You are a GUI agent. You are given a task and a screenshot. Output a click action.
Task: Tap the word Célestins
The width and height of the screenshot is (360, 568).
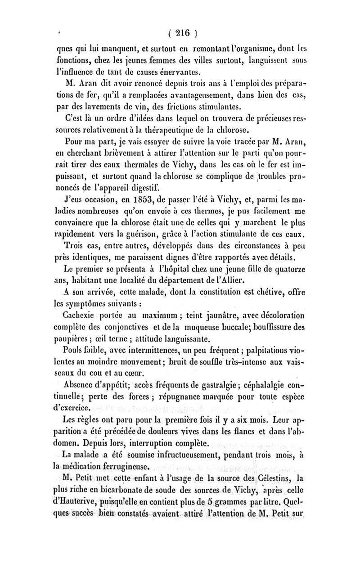point(272,487)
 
